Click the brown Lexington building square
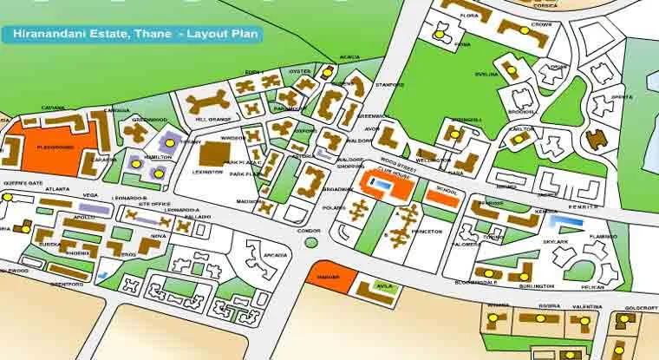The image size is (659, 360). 212,154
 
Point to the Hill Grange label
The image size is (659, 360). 212,118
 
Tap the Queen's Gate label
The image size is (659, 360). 23,184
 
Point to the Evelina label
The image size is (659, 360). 488,75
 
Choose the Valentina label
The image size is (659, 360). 587,306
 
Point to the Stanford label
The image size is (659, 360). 391,85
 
